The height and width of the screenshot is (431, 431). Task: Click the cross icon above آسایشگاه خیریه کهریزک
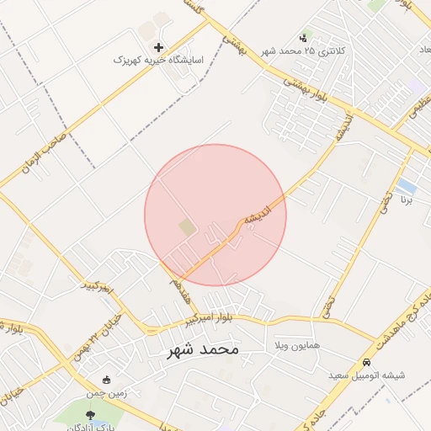pyautogui.click(x=160, y=47)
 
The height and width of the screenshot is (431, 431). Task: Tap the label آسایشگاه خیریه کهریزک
pyautogui.click(x=159, y=61)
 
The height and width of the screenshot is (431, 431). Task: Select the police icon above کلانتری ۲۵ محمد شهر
pyautogui.click(x=304, y=37)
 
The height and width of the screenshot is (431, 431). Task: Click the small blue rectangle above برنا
pyautogui.click(x=407, y=184)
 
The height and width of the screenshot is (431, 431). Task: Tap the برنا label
pyautogui.click(x=407, y=202)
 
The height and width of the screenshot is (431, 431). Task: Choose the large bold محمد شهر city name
pyautogui.click(x=192, y=349)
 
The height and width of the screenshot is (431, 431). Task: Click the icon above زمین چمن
pyautogui.click(x=106, y=380)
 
